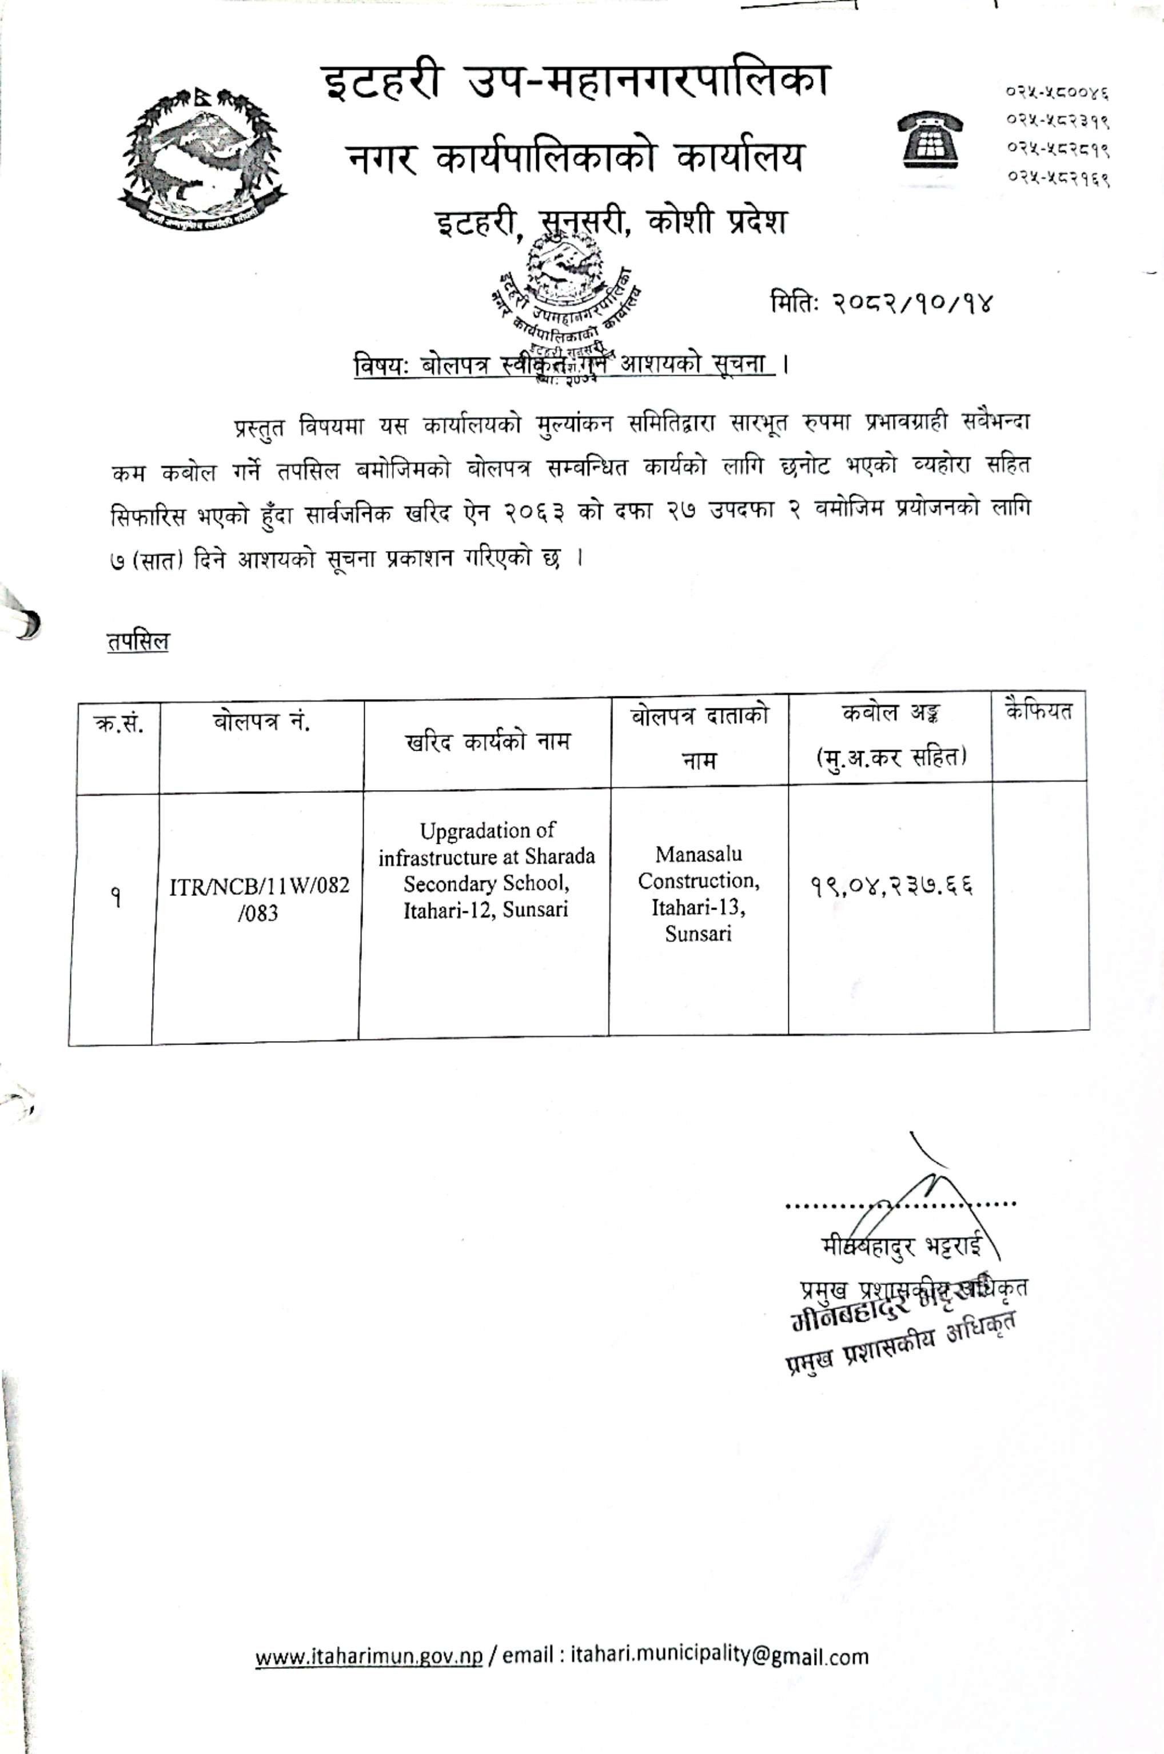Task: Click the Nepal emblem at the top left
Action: (202, 157)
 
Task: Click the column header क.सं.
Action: (119, 723)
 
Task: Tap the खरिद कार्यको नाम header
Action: (487, 741)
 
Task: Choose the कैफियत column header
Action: (1039, 712)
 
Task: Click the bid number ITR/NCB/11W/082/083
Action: (259, 899)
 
